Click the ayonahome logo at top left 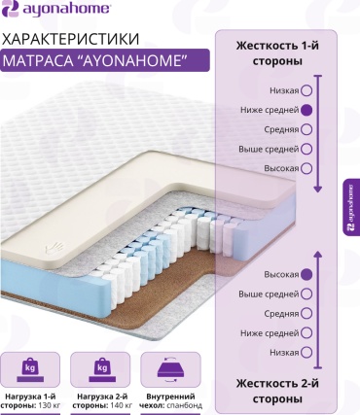(56, 8)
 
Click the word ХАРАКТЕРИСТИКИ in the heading (70, 39)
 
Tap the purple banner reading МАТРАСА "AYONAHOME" (105, 60)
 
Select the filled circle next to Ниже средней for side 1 (306, 110)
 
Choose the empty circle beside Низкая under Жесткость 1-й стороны (306, 90)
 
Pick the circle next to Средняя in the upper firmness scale (306, 129)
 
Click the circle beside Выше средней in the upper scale (306, 149)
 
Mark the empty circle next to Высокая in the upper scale (306, 168)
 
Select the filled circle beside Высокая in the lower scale (306, 275)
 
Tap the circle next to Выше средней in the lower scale (306, 294)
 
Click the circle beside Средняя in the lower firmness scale (306, 314)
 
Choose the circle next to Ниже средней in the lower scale (306, 333)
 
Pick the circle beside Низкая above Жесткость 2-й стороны (306, 353)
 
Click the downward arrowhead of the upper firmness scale (318, 189)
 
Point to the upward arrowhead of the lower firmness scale (318, 255)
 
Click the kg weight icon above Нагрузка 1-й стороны (30, 369)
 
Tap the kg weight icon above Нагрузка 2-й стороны (102, 369)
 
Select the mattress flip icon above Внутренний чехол (170, 369)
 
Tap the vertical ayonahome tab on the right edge (351, 207)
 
